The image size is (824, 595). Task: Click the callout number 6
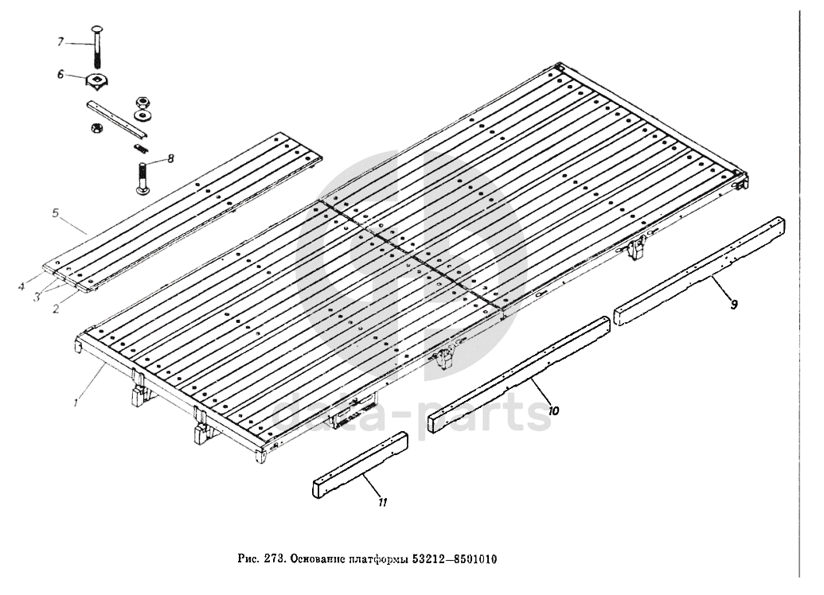pyautogui.click(x=60, y=74)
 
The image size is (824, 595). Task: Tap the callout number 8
pyautogui.click(x=170, y=159)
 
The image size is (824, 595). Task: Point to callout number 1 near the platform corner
pyautogui.click(x=74, y=403)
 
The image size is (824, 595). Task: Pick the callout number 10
pyautogui.click(x=554, y=411)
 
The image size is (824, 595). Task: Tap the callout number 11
pyautogui.click(x=382, y=502)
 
